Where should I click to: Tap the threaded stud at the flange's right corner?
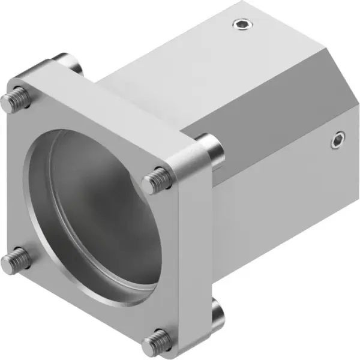(157, 178)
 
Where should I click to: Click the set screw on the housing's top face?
(242, 25)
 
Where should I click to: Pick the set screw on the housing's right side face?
(338, 142)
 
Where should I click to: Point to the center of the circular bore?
(96, 216)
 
